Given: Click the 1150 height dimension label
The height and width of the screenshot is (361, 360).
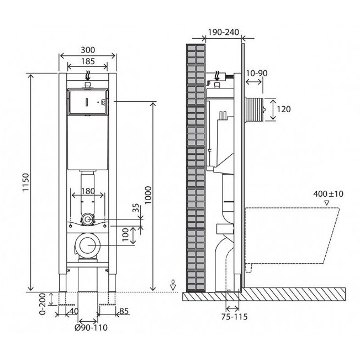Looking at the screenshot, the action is [x=25, y=182].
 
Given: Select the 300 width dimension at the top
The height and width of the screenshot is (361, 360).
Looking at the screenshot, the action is [x=88, y=50].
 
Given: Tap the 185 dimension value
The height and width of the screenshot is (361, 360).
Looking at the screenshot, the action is [x=88, y=61].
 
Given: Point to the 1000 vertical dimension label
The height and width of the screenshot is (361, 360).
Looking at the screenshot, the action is [x=148, y=195].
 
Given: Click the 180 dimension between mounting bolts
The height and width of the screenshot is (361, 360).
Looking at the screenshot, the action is [x=88, y=191].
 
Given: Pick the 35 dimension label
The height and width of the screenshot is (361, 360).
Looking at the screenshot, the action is [x=136, y=208].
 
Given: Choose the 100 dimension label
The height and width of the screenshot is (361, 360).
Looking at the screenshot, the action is [x=125, y=234].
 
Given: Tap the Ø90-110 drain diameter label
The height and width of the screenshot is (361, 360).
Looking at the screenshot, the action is [x=91, y=327].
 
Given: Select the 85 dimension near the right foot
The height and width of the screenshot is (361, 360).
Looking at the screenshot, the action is [x=124, y=311].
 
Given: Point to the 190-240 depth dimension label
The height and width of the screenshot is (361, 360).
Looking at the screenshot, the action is [x=224, y=32].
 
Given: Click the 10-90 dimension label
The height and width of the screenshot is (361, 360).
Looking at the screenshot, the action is [x=257, y=73].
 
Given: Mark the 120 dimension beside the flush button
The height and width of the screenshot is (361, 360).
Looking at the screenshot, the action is [x=284, y=109].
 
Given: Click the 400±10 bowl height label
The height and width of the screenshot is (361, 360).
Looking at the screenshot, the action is [x=328, y=194].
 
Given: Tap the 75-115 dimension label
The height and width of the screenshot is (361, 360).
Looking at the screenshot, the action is [x=235, y=317].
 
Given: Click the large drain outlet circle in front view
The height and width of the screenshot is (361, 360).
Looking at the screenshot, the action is [x=87, y=245].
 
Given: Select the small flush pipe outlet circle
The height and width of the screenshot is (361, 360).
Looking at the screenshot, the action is [x=87, y=219].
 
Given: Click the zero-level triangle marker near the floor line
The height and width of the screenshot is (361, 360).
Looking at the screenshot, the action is [x=173, y=287].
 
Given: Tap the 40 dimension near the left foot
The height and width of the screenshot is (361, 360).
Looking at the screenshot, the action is [x=73, y=311].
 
